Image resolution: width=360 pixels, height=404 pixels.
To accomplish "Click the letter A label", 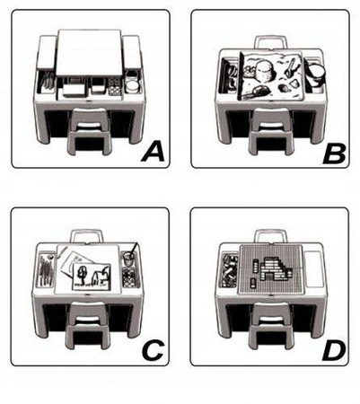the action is [x=153, y=152].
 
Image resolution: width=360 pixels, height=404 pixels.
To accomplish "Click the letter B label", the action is [x=334, y=154].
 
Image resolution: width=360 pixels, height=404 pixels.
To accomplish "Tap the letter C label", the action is [x=154, y=350].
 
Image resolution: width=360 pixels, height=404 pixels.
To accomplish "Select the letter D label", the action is [x=334, y=351].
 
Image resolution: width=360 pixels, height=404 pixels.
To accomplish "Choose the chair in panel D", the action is [x=271, y=325].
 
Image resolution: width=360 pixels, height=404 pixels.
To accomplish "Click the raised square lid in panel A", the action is [x=89, y=52].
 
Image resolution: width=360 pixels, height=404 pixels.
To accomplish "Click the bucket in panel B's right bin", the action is [x=315, y=75].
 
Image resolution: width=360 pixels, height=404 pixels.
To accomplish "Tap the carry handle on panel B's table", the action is [x=271, y=41].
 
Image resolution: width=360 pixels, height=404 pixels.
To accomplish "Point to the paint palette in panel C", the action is [x=129, y=277].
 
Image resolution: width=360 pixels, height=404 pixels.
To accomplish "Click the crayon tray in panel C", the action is [x=46, y=269].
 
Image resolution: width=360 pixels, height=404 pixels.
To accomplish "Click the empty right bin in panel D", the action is [x=313, y=269].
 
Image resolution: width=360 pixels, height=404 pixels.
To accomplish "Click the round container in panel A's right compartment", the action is [x=132, y=86].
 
